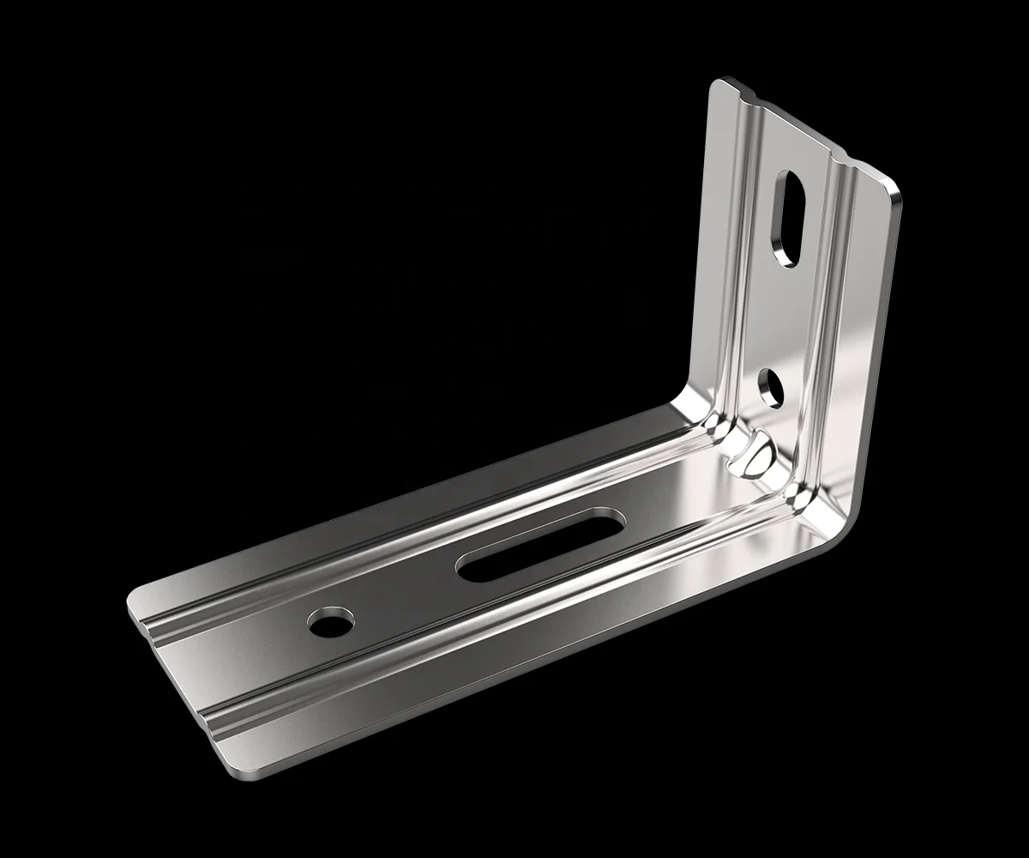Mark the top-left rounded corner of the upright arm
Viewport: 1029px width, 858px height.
coord(719,84)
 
